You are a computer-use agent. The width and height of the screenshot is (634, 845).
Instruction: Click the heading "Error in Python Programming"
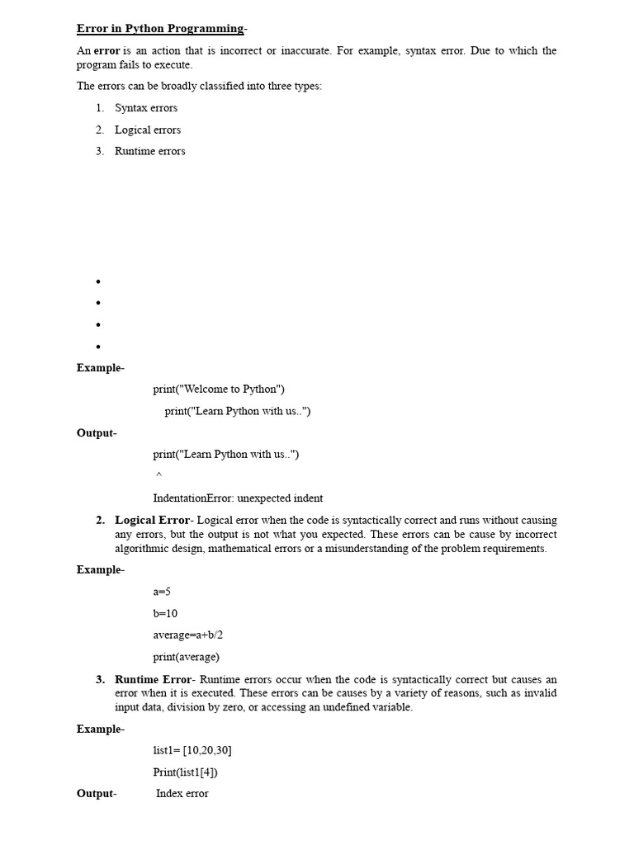160,29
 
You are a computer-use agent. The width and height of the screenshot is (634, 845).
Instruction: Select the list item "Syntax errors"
146,108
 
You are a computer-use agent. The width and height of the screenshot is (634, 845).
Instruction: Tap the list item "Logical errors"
148,130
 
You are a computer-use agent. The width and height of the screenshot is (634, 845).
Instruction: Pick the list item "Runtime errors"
150,151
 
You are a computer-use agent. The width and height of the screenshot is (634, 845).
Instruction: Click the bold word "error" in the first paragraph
106,51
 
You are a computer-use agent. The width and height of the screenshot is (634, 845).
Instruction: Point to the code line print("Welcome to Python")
219,389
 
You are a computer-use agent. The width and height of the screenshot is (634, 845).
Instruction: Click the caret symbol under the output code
158,476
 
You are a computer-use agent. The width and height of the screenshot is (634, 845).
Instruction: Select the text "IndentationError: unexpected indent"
238,498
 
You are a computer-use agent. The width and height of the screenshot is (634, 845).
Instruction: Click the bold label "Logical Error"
152,521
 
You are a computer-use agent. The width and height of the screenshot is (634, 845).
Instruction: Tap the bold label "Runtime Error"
154,680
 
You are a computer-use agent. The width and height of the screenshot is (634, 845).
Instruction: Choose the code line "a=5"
162,592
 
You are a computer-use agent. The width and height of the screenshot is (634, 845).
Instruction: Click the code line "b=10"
165,614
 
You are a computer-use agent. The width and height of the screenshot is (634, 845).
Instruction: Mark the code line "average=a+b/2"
188,635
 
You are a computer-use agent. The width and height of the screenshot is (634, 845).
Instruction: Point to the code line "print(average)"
186,658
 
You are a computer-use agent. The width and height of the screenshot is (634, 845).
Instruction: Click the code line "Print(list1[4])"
186,772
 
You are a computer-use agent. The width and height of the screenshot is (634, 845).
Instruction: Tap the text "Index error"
182,794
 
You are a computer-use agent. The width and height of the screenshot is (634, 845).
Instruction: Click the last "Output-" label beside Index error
97,794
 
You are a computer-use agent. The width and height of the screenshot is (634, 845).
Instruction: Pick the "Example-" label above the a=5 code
101,570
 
